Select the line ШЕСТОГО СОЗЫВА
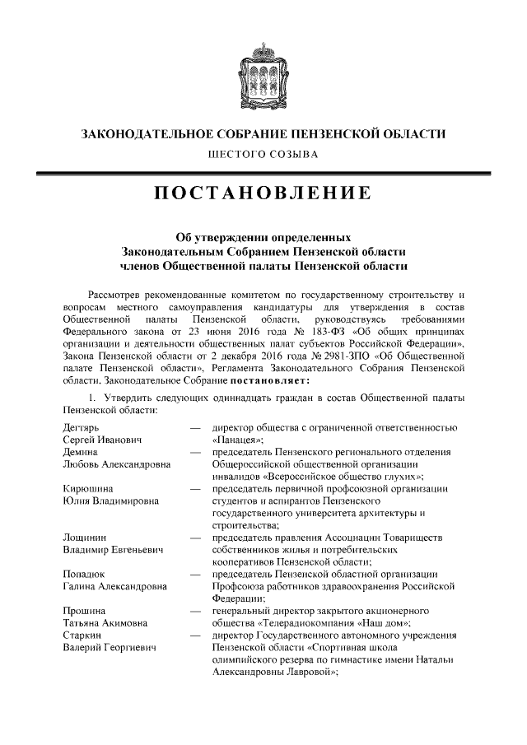click(x=263, y=154)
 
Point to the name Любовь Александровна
click(x=116, y=464)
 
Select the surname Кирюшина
click(x=87, y=488)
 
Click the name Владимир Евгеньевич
click(x=114, y=549)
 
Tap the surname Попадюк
click(x=85, y=574)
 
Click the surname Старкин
click(x=82, y=635)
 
